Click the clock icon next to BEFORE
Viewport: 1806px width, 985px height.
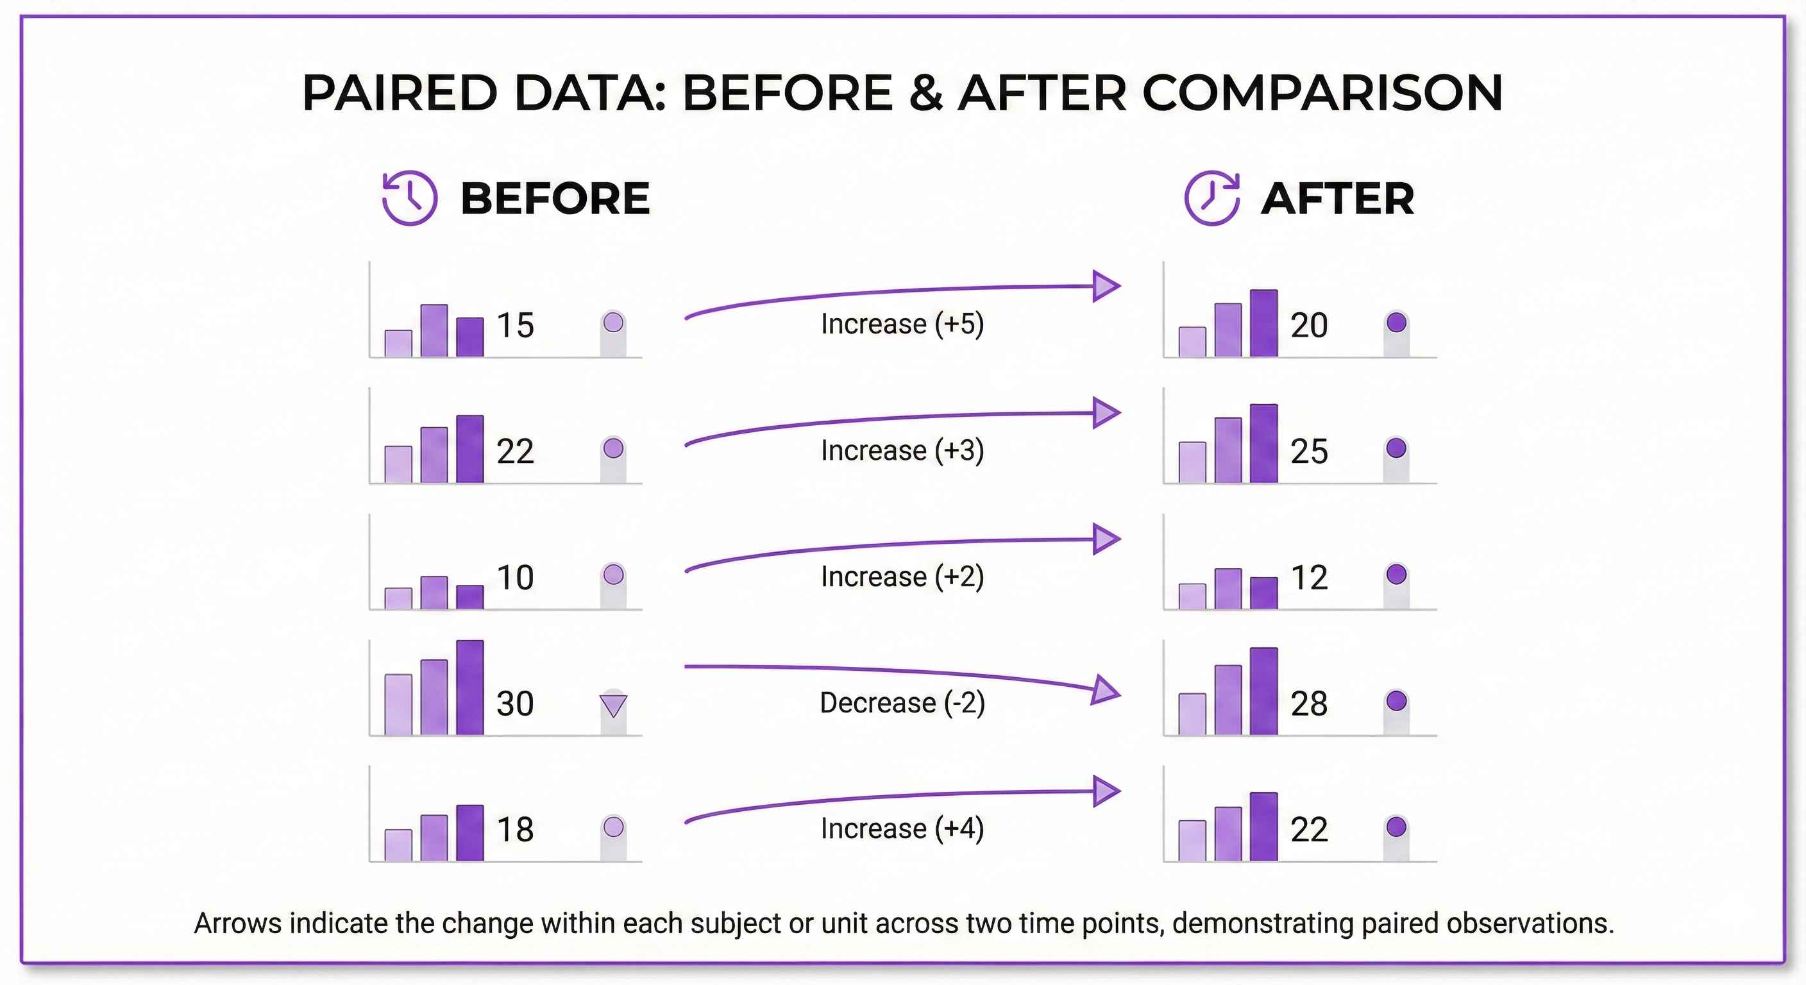click(x=409, y=198)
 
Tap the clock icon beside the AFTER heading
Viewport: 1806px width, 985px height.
click(x=1211, y=198)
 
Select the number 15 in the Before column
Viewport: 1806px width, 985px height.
click(x=515, y=325)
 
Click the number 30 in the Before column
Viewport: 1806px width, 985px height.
click(x=515, y=703)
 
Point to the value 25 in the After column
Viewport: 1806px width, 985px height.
click(x=1309, y=451)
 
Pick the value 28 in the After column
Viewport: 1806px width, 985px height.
click(x=1309, y=703)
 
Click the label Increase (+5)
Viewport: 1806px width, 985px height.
click(x=902, y=324)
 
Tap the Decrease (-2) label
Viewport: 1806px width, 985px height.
click(x=902, y=702)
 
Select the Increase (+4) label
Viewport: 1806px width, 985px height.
click(x=902, y=829)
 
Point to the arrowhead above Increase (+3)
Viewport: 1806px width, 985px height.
click(x=1106, y=413)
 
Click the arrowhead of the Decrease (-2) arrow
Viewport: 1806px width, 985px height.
click(x=1106, y=691)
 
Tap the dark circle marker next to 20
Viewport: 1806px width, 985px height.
click(x=1397, y=323)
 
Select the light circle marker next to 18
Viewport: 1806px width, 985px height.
click(x=614, y=827)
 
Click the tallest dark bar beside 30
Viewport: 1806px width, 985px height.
click(x=469, y=687)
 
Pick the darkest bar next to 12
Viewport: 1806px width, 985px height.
click(x=1263, y=593)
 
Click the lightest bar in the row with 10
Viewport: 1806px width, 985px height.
click(x=398, y=599)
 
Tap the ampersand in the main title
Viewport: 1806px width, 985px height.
click(x=926, y=92)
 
